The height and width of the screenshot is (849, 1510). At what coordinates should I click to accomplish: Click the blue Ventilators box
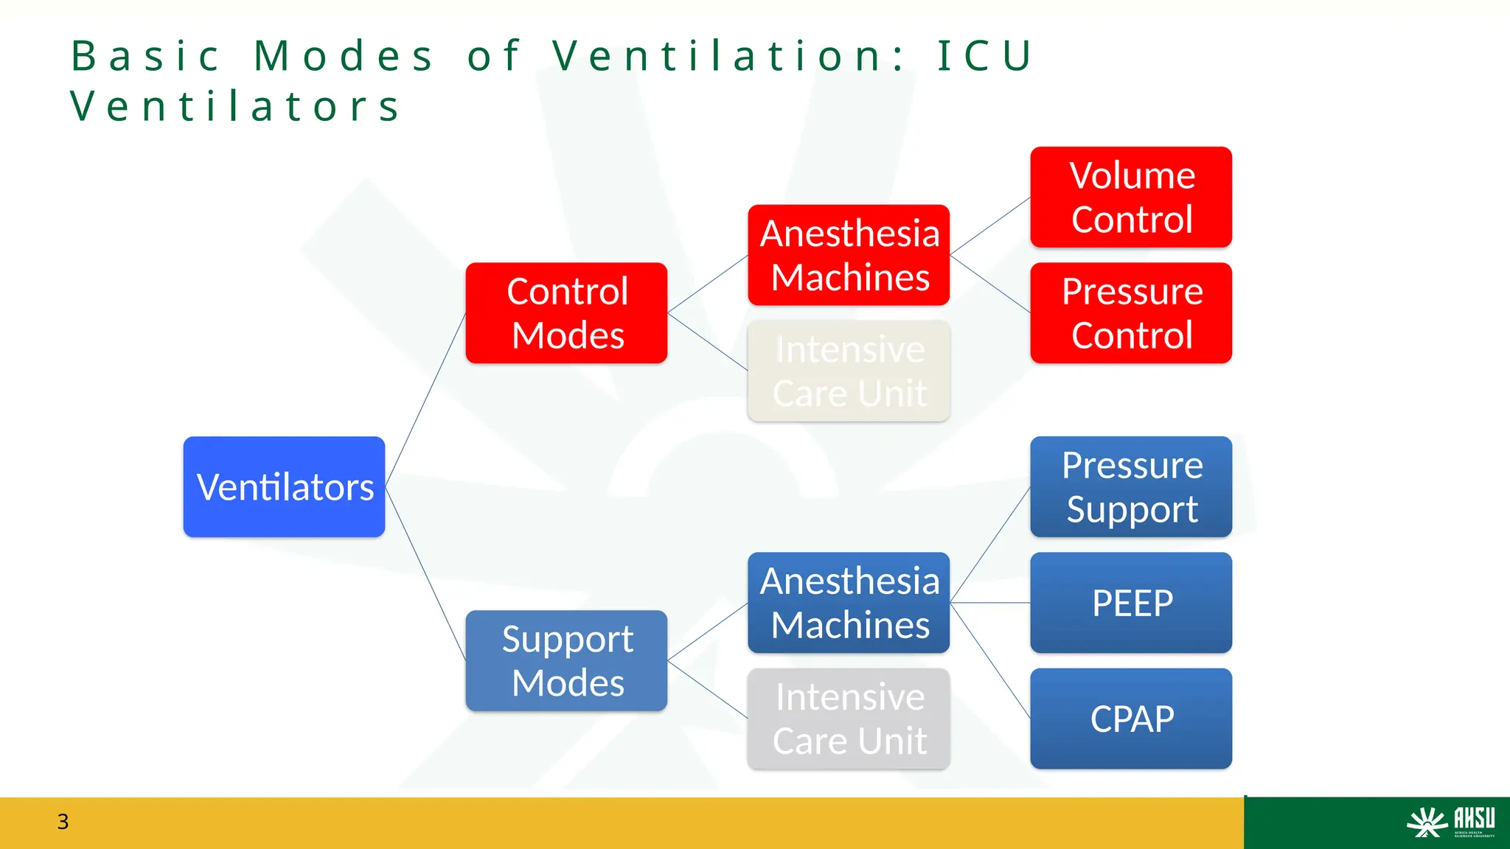(x=284, y=486)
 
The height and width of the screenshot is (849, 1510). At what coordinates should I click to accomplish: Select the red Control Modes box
(x=566, y=312)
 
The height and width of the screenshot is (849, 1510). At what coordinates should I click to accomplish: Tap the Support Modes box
(x=566, y=660)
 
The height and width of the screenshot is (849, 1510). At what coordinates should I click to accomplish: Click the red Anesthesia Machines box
(x=849, y=255)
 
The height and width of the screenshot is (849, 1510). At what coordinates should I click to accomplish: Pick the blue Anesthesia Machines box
(x=849, y=603)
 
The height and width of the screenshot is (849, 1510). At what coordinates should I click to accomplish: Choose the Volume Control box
(x=1131, y=197)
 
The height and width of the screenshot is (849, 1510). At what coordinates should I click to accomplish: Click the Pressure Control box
(x=1131, y=312)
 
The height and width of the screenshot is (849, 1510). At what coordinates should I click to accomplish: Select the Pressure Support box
(x=1131, y=486)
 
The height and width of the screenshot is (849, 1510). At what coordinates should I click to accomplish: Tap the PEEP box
(x=1131, y=603)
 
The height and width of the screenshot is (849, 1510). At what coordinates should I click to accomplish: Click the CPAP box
(x=1131, y=719)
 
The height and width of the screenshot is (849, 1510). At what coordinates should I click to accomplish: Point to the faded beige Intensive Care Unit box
(x=849, y=371)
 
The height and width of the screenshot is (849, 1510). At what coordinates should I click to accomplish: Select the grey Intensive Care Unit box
(x=849, y=719)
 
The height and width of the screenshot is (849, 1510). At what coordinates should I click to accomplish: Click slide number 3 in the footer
(x=63, y=822)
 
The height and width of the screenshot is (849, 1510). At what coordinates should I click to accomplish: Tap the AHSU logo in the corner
(x=1450, y=822)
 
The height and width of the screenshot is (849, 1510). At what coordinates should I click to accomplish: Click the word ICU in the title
(x=985, y=56)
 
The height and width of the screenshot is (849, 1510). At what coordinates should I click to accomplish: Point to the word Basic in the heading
(x=145, y=56)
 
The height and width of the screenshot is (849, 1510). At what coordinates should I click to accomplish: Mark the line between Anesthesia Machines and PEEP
(x=990, y=603)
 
